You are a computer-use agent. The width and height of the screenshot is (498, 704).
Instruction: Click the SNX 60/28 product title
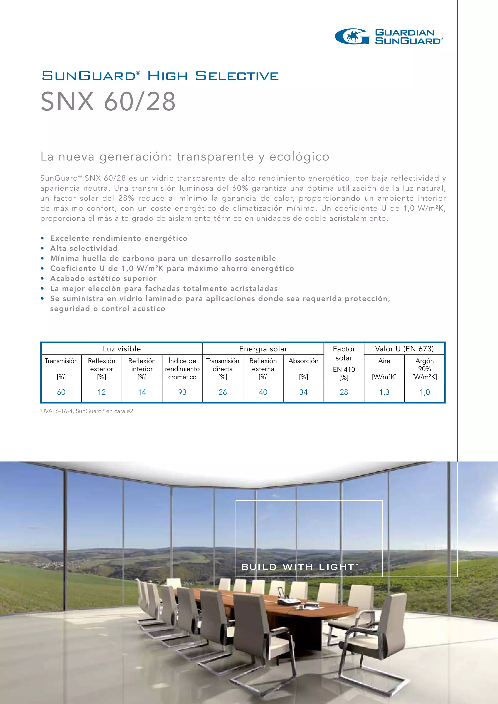tap(108, 101)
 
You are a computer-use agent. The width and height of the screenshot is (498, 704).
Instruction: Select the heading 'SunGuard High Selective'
tap(160, 76)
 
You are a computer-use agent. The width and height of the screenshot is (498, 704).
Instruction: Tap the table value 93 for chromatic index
tap(182, 392)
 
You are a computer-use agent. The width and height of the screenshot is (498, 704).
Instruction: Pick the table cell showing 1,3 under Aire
tap(384, 392)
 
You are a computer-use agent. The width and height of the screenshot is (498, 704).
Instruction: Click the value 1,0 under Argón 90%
tap(425, 392)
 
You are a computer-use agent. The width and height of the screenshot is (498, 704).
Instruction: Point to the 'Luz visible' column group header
tap(122, 349)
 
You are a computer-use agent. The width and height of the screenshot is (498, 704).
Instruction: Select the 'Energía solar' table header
tap(263, 349)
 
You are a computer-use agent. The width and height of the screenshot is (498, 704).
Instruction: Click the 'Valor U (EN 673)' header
tap(404, 349)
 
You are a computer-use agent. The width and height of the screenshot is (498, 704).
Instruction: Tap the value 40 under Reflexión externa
tap(263, 392)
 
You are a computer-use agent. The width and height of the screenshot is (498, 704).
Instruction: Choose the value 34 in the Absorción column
tap(303, 392)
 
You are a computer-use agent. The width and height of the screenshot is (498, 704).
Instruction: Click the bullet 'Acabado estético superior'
tap(103, 278)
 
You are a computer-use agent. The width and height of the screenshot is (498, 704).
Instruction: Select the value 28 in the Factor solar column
tap(344, 392)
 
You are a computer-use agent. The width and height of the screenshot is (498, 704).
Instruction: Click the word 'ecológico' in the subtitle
tap(299, 157)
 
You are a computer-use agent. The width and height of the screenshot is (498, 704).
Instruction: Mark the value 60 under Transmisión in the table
tap(61, 392)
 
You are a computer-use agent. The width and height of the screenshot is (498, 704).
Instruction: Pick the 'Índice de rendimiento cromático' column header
tap(182, 369)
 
